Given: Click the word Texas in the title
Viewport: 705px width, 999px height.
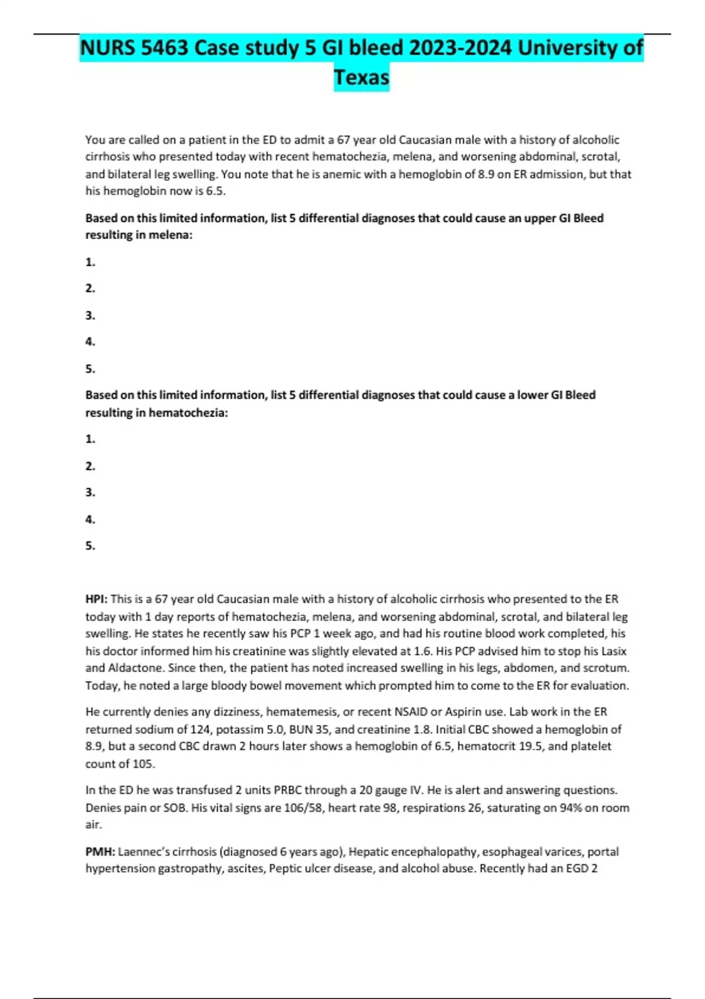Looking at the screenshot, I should click(361, 77).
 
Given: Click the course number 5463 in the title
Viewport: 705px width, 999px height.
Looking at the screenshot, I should click(164, 48).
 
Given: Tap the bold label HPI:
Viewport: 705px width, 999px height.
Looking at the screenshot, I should click(96, 599).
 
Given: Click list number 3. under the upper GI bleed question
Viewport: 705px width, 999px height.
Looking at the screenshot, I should click(90, 316).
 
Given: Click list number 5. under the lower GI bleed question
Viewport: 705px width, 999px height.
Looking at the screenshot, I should click(90, 546).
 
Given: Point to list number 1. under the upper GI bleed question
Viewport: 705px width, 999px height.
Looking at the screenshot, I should click(90, 263).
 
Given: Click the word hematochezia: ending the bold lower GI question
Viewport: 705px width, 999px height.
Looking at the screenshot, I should click(188, 413).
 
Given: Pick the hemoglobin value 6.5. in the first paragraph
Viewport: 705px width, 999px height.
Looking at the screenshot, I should click(216, 191).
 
